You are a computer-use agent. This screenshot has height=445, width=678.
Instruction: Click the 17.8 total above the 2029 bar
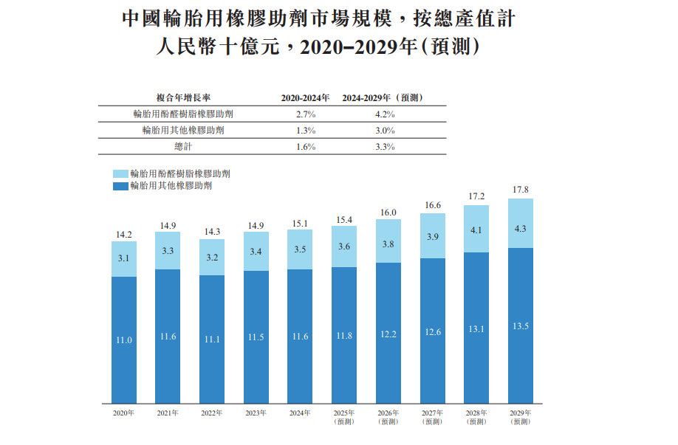point(521,190)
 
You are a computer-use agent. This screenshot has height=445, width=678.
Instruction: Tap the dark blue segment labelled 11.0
point(124,339)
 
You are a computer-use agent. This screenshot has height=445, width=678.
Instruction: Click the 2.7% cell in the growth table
point(305,114)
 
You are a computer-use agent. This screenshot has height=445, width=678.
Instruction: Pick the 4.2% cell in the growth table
point(384,114)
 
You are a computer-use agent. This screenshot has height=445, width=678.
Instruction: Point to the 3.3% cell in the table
point(384,146)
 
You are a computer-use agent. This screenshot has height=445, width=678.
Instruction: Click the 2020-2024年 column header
point(305,97)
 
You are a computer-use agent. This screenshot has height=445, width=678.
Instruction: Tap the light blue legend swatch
point(120,173)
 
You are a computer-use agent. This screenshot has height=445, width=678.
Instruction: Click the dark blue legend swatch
point(120,186)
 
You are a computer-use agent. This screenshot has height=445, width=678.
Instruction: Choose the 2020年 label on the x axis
point(124,413)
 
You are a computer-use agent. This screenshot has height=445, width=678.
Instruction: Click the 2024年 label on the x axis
point(300,413)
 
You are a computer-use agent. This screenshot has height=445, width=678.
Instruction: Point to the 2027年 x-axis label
point(432,413)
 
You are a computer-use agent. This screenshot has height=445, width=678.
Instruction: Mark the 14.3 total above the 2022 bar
point(212,231)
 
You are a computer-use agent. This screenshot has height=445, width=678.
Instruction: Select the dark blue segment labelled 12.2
point(388,334)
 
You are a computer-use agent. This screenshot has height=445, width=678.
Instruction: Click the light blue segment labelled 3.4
point(256,252)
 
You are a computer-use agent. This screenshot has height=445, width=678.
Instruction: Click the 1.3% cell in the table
point(305,131)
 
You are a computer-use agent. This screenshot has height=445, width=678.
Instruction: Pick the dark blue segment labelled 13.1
point(476,329)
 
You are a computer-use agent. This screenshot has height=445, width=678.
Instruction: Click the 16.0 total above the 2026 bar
point(388,212)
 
